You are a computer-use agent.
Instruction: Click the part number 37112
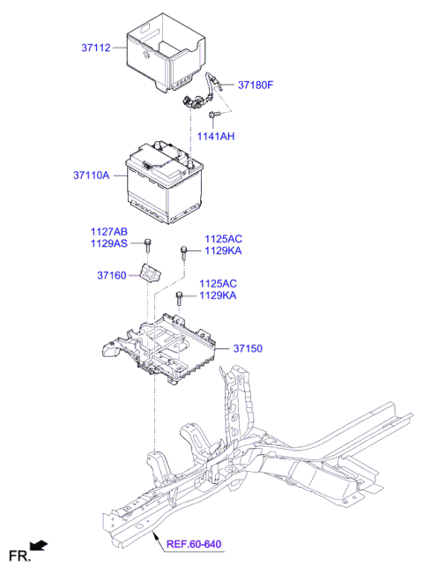pos(95,48)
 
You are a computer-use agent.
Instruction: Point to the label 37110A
pos(92,175)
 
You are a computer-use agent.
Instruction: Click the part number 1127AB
pos(108,232)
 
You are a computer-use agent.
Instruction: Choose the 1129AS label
pos(108,243)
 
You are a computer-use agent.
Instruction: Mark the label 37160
pos(113,276)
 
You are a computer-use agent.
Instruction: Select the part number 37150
pos(249,349)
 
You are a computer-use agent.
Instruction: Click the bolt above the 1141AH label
pos(212,115)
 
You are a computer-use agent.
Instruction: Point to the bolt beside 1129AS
pos(149,243)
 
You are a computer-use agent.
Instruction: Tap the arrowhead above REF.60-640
pos(155,535)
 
